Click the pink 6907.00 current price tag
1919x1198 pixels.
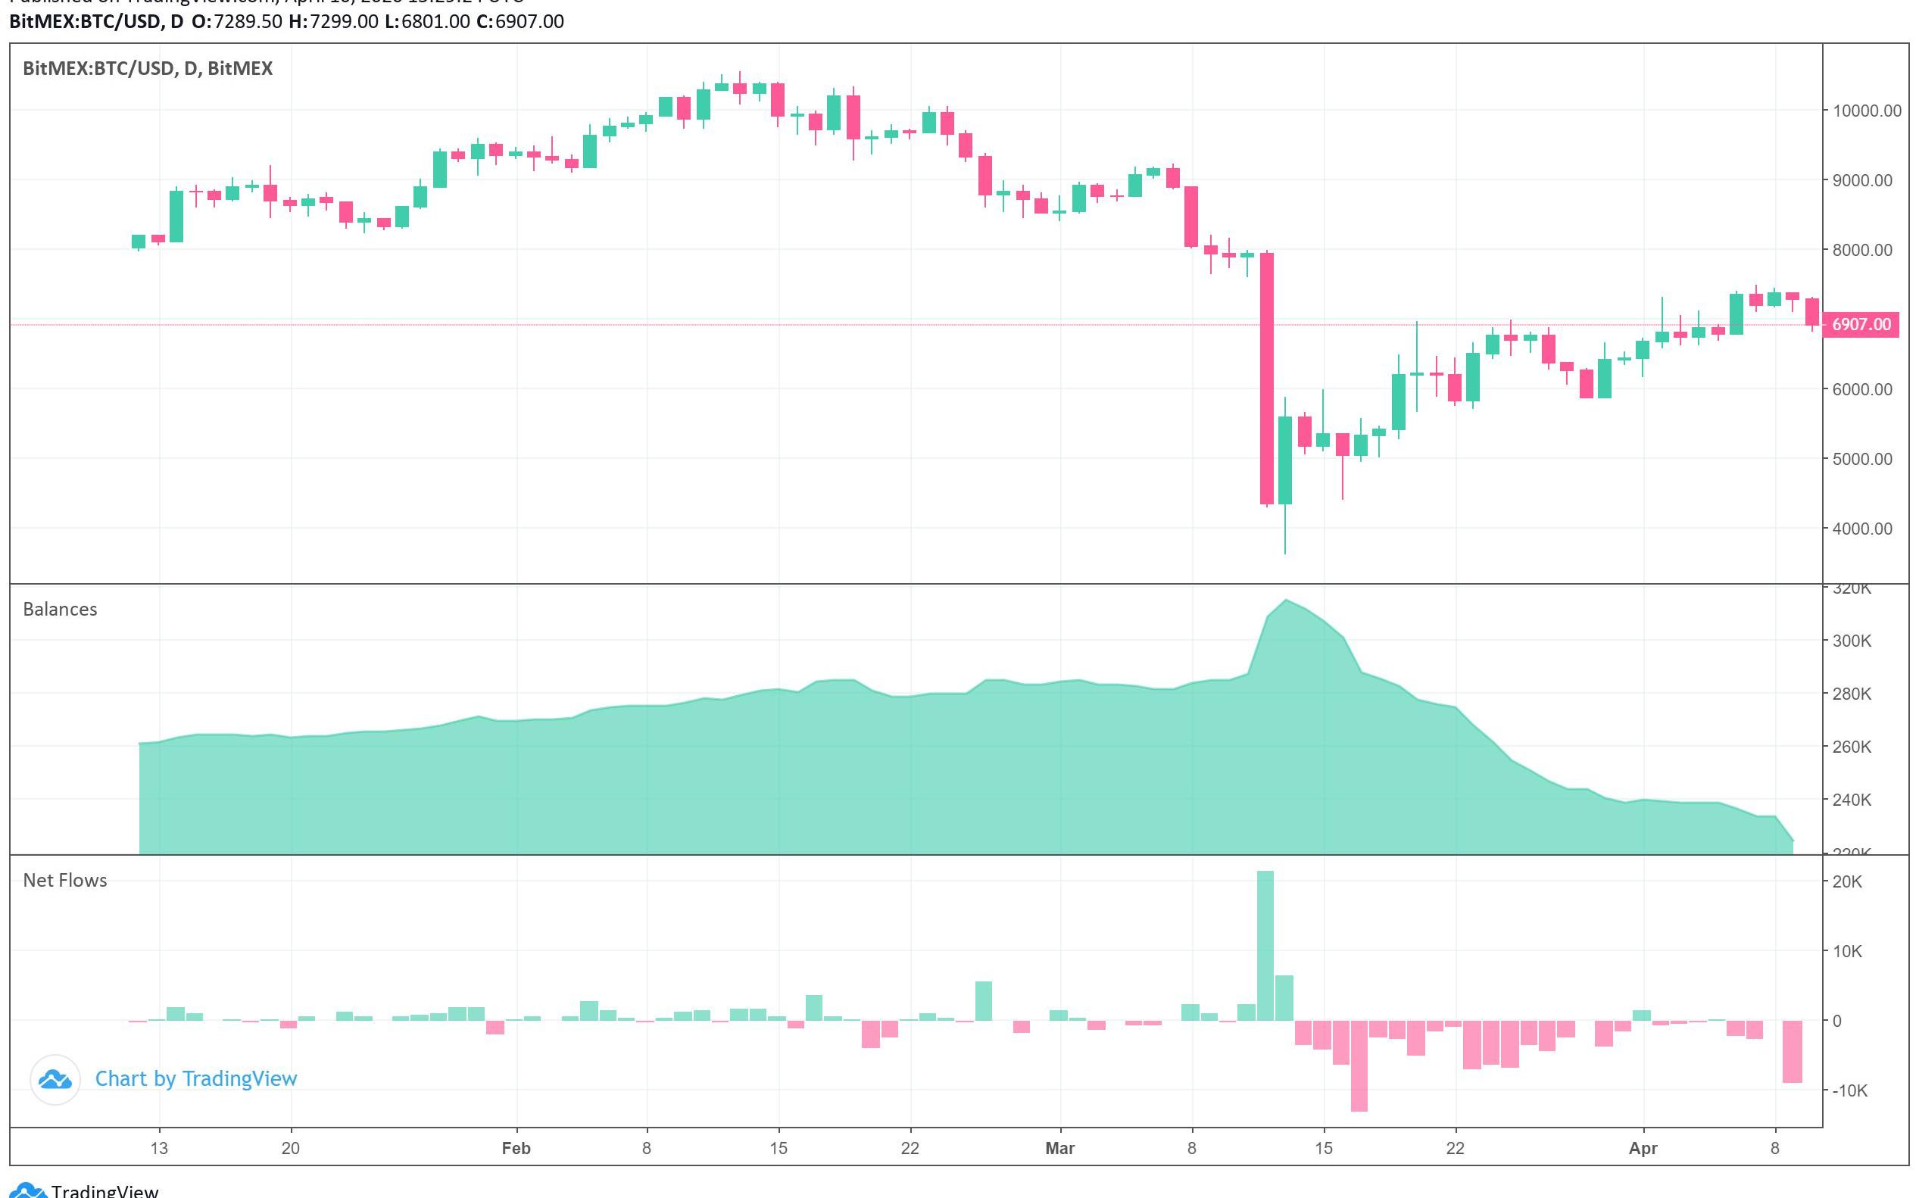tap(1861, 325)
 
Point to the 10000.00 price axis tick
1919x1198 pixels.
tap(1866, 111)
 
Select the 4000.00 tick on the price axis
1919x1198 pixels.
tap(1866, 529)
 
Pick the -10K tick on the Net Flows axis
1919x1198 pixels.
tap(1849, 1091)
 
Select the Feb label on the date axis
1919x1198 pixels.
tap(516, 1148)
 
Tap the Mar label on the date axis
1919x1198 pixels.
tap(1059, 1148)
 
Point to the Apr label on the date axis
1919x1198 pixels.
tap(1643, 1148)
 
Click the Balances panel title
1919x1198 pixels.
tap(61, 610)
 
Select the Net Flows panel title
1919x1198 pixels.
tap(65, 880)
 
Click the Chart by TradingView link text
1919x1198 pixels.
tap(195, 1078)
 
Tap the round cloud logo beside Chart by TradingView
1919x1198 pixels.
tap(55, 1079)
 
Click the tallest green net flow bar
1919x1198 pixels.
tap(1265, 947)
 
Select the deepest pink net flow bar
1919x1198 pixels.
tap(1359, 1065)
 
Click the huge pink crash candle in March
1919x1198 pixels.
tap(1267, 379)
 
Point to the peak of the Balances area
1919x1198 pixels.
tap(1285, 601)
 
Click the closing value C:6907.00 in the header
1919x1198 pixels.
tap(520, 21)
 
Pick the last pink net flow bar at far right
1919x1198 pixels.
tap(1793, 1051)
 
